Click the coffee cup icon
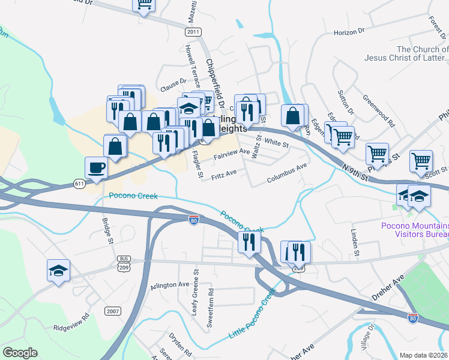(x=96, y=167)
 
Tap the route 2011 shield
(x=193, y=32)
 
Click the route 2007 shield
(x=112, y=311)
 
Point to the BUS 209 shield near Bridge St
(x=124, y=262)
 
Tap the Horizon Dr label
(x=350, y=32)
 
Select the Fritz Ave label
(x=223, y=175)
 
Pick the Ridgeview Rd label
(x=71, y=328)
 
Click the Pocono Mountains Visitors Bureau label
(x=415, y=230)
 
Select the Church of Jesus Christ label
(x=406, y=54)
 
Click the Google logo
(x=20, y=353)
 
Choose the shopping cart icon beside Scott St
(x=421, y=160)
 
